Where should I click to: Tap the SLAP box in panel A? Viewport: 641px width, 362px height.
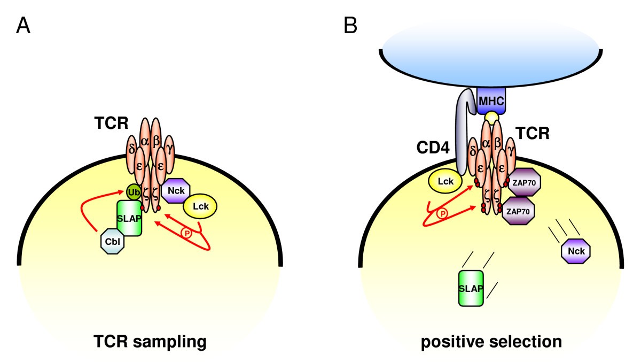(129, 218)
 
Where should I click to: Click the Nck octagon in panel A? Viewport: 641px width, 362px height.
(176, 190)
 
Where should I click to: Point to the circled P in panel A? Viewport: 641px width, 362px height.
(186, 233)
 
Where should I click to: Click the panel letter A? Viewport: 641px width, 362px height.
(23, 26)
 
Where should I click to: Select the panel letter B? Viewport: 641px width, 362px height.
(350, 26)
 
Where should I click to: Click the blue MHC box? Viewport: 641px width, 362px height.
(491, 99)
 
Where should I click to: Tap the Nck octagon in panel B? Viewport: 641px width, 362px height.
(576, 250)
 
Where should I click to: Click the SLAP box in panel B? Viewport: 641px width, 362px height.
(471, 288)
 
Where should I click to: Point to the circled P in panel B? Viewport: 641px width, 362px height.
(442, 213)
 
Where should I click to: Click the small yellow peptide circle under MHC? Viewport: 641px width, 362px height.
(491, 117)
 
